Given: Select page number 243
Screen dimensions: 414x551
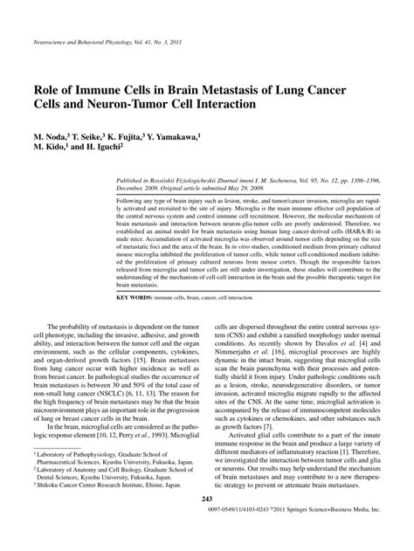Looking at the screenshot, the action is (208, 523).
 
